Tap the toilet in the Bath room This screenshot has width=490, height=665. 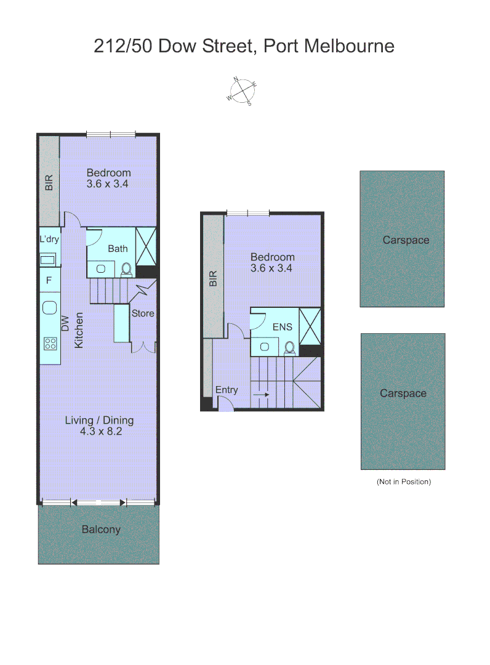pyautogui.click(x=127, y=268)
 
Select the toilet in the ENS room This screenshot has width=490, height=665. pyautogui.click(x=289, y=348)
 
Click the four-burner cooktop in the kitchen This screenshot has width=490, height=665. pyautogui.click(x=50, y=344)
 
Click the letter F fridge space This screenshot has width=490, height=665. pyautogui.click(x=49, y=281)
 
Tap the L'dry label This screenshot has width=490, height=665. pyautogui.click(x=49, y=239)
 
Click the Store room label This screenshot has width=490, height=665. pyautogui.click(x=143, y=313)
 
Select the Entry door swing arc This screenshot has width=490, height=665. pyautogui.click(x=226, y=404)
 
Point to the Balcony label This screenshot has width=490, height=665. pyautogui.click(x=101, y=530)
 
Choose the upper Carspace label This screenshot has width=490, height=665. pyautogui.click(x=406, y=240)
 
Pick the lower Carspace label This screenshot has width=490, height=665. pyautogui.click(x=403, y=393)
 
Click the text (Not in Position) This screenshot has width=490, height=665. pyautogui.click(x=404, y=482)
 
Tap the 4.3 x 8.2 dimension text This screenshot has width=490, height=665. pyautogui.click(x=101, y=432)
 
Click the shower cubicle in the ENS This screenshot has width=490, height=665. pyautogui.click(x=310, y=327)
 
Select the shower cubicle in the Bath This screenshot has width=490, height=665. pyautogui.click(x=146, y=246)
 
